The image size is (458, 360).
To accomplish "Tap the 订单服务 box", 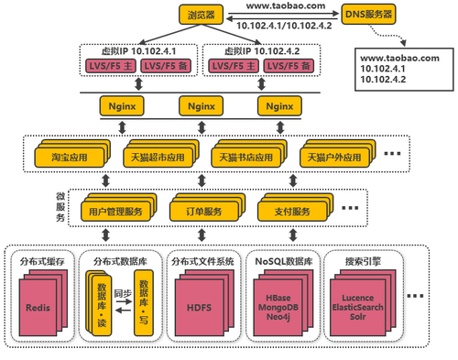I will point(198,213).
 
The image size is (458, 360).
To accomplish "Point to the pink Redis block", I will point(38,307).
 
